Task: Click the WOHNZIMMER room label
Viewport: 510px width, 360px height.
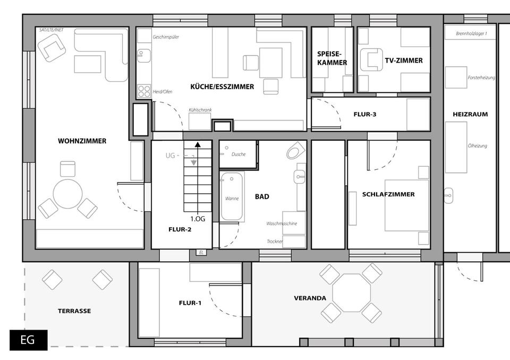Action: [x=82, y=141]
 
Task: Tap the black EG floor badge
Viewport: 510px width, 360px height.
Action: [x=28, y=340]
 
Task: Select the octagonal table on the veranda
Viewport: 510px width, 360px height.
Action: [x=351, y=293]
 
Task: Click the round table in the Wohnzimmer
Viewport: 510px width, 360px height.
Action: [x=67, y=194]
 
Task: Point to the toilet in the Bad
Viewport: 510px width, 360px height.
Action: [x=295, y=150]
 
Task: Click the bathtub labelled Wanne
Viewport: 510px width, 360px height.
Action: [x=232, y=197]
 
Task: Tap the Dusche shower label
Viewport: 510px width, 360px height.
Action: [x=239, y=154]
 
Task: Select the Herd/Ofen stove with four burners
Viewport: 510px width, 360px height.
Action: [x=144, y=91]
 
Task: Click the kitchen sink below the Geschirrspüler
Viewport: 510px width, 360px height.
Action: [x=143, y=56]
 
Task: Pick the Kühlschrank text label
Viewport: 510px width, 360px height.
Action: [x=200, y=110]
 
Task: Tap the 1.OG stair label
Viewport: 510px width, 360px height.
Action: [x=198, y=219]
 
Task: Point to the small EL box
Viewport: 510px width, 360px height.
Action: [x=201, y=252]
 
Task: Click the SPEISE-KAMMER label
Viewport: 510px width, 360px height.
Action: [x=332, y=58]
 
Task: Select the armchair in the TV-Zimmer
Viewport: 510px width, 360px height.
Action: [x=371, y=59]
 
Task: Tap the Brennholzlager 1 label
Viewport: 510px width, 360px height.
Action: [x=471, y=33]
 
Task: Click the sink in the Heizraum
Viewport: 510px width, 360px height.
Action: [x=448, y=195]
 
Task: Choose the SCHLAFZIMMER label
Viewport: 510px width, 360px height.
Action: [x=388, y=194]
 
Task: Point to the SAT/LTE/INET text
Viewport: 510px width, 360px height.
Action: [x=52, y=30]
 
